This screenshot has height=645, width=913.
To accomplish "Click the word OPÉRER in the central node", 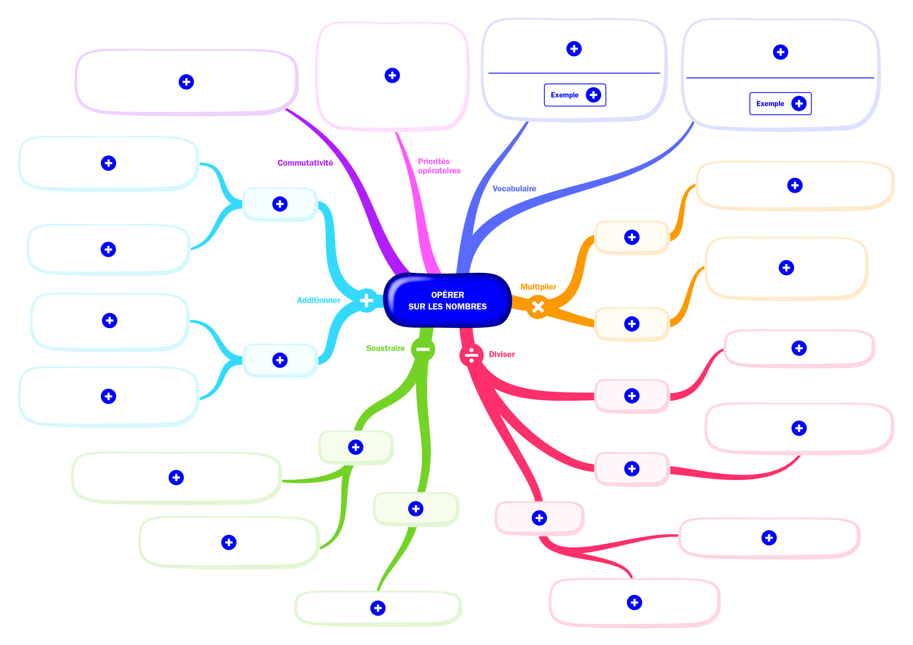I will [x=447, y=295].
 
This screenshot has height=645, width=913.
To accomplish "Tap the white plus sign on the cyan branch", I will [x=366, y=300].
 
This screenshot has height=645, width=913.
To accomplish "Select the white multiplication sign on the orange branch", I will [x=538, y=307].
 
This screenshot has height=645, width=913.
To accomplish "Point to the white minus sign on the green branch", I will [x=423, y=349].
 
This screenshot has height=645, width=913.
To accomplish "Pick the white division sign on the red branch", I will [x=471, y=355].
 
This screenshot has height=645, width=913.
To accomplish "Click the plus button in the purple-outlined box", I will [x=186, y=82].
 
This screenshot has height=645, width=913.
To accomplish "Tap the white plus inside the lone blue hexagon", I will [x=392, y=76].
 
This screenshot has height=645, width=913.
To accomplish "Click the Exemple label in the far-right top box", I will [x=770, y=104].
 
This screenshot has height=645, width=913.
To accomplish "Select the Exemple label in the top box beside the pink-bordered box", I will [x=564, y=95].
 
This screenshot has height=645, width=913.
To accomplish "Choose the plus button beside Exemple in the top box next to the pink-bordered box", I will [x=593, y=95].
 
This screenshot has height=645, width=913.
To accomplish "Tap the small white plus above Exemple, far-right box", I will [x=780, y=52].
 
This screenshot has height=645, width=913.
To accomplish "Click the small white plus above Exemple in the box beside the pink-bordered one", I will [x=574, y=49].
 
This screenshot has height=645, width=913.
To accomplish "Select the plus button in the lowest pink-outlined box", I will [x=634, y=602].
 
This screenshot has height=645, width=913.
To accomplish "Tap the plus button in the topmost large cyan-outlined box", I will [x=108, y=163].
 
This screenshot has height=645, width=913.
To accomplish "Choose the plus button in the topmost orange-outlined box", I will [x=795, y=185].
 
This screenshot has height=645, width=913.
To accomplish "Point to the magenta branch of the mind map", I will [x=422, y=199].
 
